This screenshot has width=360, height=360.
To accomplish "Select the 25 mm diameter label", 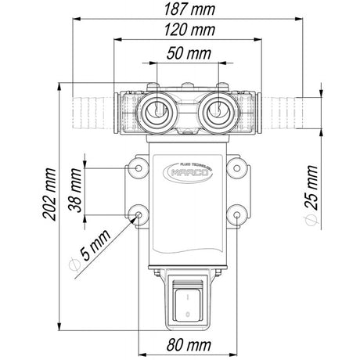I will (x=314, y=186).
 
